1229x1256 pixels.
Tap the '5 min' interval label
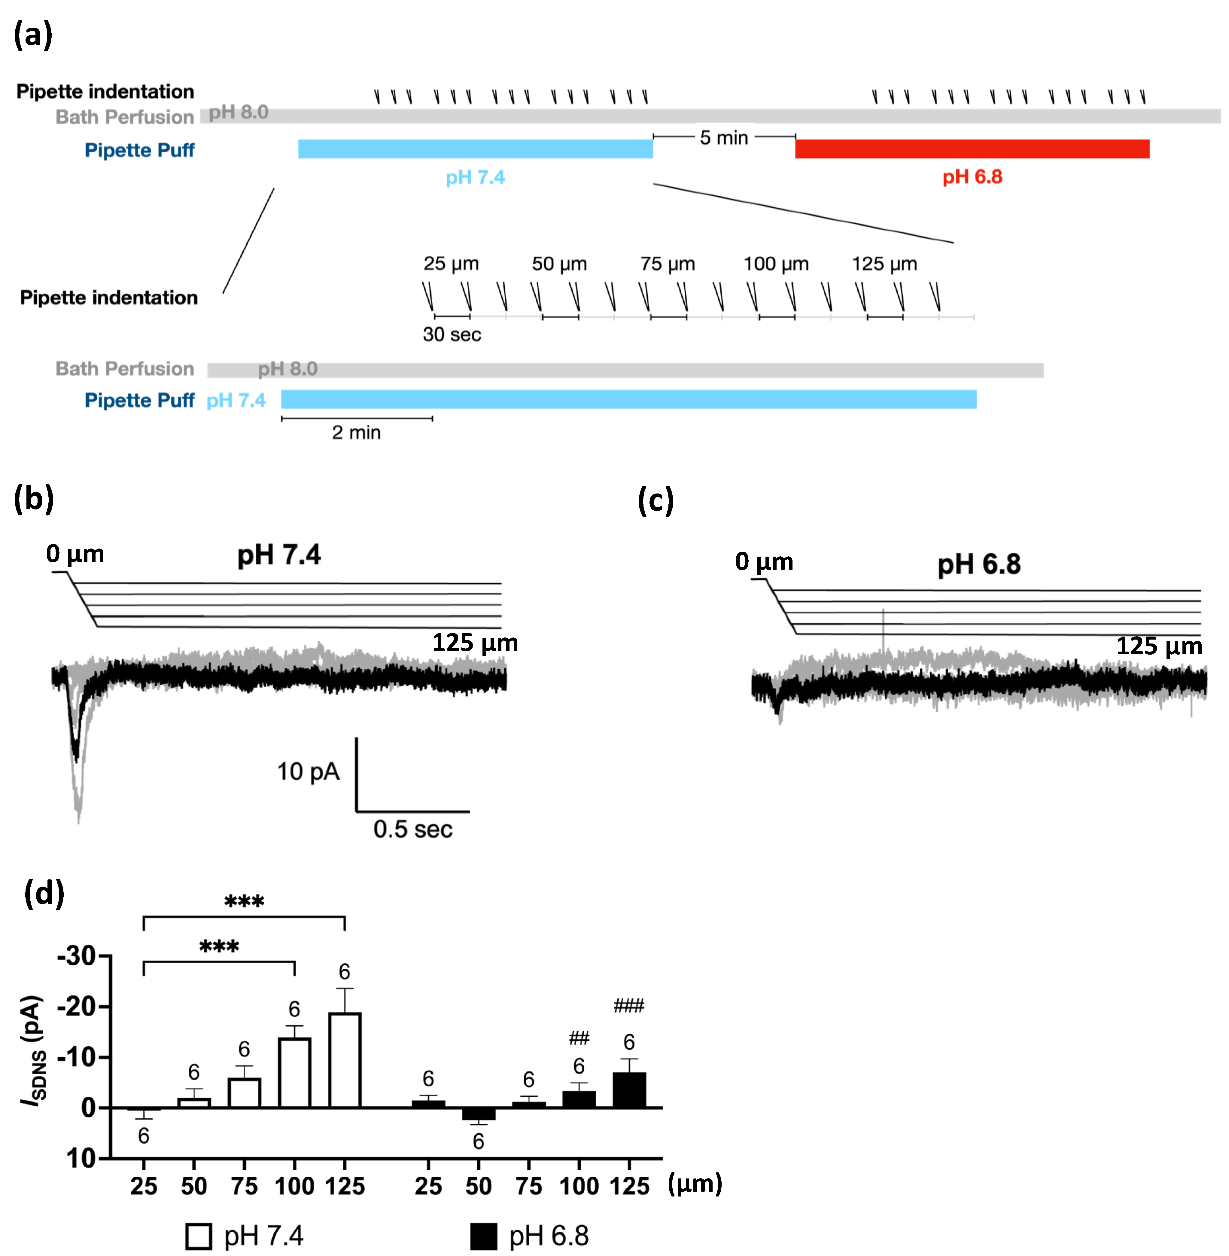(x=724, y=138)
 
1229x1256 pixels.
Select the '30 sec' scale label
(x=452, y=335)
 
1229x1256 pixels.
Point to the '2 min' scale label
(x=356, y=433)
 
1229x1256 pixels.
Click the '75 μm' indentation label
(x=668, y=264)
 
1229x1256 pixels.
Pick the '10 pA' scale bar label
(x=308, y=772)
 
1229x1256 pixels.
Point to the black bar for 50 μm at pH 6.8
(x=478, y=1114)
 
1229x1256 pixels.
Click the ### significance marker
(x=629, y=1005)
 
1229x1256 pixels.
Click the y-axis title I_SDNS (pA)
(x=34, y=1049)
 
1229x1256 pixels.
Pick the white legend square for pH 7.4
(x=198, y=1236)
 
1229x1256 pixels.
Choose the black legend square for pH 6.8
(x=483, y=1236)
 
